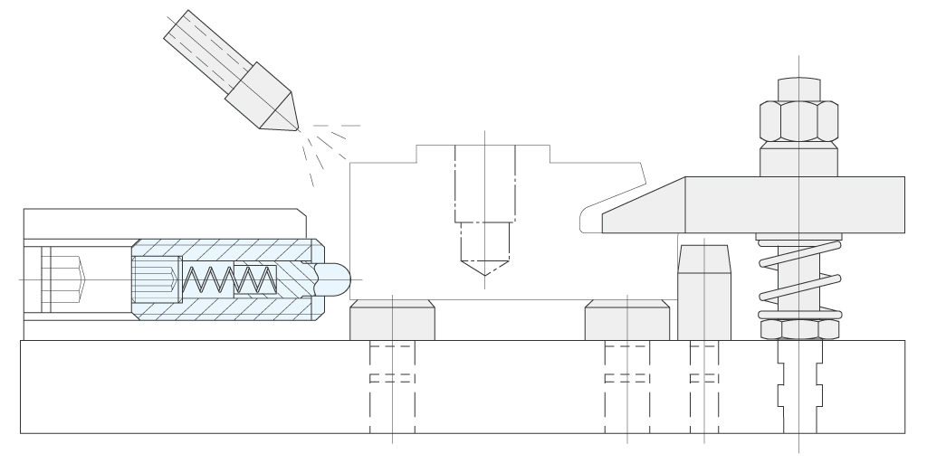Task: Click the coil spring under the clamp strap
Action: [x=799, y=277]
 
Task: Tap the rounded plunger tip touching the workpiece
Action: [x=333, y=279]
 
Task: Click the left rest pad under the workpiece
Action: [x=392, y=321]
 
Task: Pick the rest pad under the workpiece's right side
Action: [x=627, y=321]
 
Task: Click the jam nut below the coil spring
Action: [x=799, y=328]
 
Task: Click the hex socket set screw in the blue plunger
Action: [x=156, y=279]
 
